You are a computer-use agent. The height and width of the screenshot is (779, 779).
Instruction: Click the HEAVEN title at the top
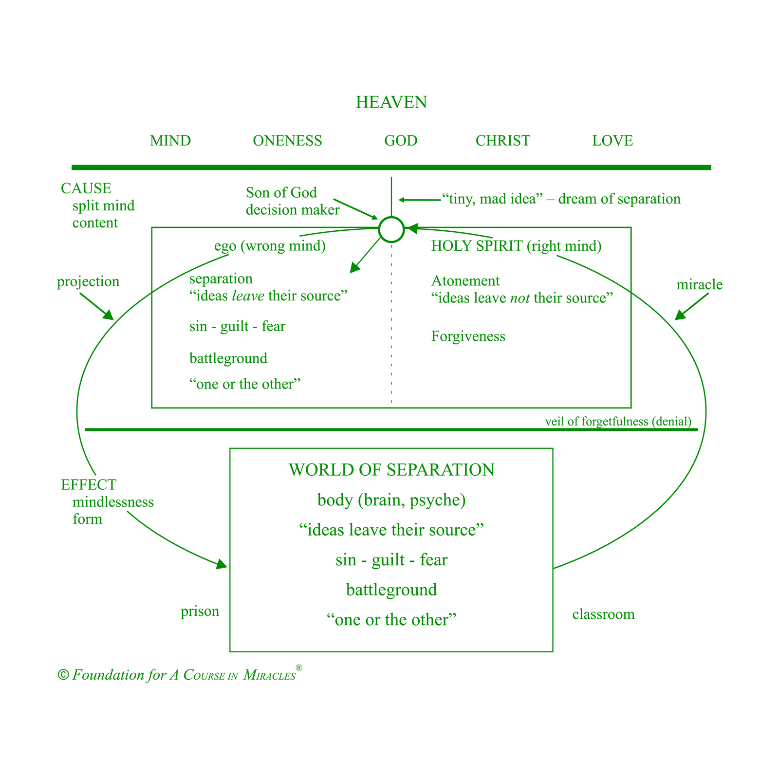tap(391, 102)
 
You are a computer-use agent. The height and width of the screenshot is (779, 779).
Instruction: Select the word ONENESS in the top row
tap(287, 141)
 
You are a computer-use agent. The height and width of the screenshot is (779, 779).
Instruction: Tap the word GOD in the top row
tap(401, 141)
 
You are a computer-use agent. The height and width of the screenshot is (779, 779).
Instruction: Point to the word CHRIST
tap(502, 141)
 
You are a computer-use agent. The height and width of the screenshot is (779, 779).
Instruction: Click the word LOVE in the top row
tap(612, 141)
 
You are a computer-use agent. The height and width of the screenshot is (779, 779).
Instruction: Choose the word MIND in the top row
tap(170, 141)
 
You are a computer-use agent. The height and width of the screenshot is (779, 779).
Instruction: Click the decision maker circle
tap(391, 217)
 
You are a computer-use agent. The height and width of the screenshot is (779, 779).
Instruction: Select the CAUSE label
tap(86, 188)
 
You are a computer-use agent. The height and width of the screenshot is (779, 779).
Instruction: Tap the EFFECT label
tap(89, 485)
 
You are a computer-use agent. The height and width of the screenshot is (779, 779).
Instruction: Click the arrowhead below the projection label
tap(108, 315)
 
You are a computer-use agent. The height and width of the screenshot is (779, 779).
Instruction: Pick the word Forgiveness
tap(468, 336)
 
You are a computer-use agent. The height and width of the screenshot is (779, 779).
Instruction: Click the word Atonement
tap(465, 281)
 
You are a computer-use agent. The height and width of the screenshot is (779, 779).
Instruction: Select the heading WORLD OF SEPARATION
tap(391, 470)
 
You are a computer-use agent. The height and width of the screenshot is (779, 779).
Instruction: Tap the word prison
tap(200, 612)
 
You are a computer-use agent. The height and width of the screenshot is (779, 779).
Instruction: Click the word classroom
tap(604, 614)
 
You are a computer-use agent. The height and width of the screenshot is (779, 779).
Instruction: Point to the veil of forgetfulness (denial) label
tap(618, 422)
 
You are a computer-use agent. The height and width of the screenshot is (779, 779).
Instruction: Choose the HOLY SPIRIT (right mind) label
tap(517, 246)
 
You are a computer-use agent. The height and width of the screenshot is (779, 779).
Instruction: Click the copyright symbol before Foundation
tap(63, 675)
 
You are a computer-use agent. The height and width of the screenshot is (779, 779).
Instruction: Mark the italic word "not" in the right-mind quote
tap(520, 298)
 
